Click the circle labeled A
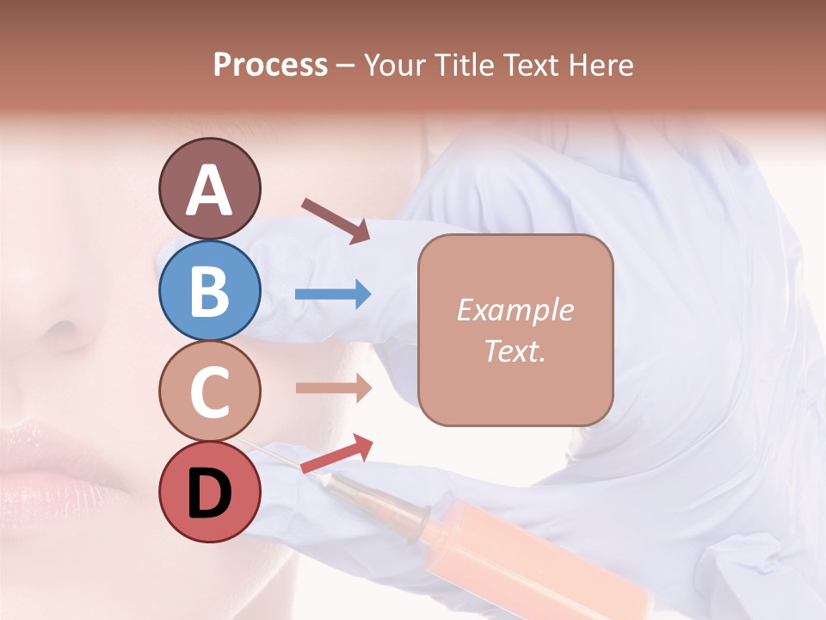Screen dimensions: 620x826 [209, 189]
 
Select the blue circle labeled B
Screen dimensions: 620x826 [209, 290]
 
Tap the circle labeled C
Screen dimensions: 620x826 [209, 392]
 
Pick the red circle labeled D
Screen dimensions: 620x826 [209, 493]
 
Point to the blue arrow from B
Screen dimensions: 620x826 [333, 295]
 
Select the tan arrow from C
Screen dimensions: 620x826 [333, 388]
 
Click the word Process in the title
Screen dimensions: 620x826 [270, 65]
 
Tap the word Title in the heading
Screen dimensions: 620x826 [465, 65]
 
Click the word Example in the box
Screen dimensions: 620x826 [515, 310]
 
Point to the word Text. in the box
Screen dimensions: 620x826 [515, 351]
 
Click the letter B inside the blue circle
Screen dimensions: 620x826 [209, 292]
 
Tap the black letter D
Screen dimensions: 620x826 [209, 493]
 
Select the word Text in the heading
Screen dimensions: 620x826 [532, 65]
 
